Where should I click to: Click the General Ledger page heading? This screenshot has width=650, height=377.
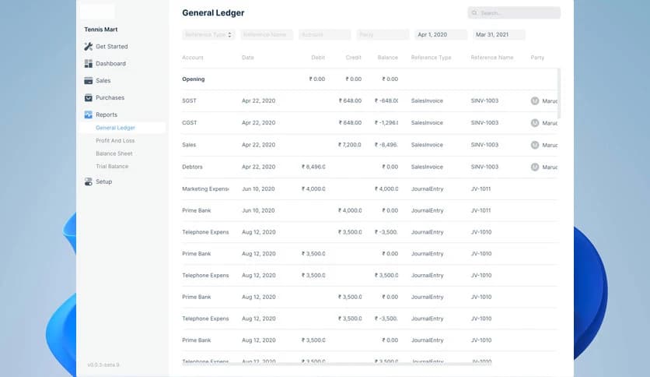pos(213,13)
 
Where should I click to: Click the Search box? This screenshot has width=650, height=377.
pos(514,13)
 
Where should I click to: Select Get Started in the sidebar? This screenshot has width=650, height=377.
pos(111,47)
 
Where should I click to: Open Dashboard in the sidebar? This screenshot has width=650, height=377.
pos(110,64)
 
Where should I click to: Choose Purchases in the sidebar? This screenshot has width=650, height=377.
pos(110,98)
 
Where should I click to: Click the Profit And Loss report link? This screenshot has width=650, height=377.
pos(115,141)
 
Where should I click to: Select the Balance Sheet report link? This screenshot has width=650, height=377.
pos(114,153)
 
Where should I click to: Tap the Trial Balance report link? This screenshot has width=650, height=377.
pos(112,167)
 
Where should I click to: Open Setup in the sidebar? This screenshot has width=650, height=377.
pos(103,182)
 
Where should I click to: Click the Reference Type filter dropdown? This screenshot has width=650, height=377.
pos(208,35)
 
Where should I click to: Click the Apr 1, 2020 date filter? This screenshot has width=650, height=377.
pos(440,35)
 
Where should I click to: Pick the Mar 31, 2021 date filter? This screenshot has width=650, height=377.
pos(499,35)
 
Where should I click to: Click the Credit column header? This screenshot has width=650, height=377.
pos(353,58)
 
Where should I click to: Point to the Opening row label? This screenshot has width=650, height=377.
pos(194,79)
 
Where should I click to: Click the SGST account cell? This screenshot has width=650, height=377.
pos(190,101)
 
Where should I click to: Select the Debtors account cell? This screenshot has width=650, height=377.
pos(194,167)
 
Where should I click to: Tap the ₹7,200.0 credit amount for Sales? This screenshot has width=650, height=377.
pos(350,145)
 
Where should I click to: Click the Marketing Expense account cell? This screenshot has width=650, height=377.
pos(205,188)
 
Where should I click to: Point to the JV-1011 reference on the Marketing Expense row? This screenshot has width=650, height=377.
pos(481,188)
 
